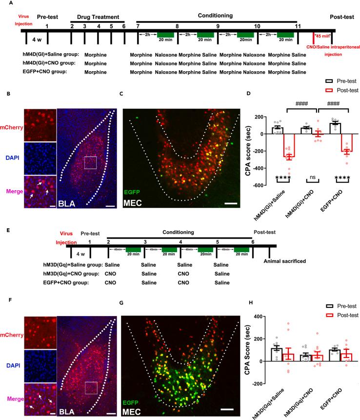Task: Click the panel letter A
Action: point(4,3)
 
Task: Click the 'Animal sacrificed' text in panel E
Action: point(285,261)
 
